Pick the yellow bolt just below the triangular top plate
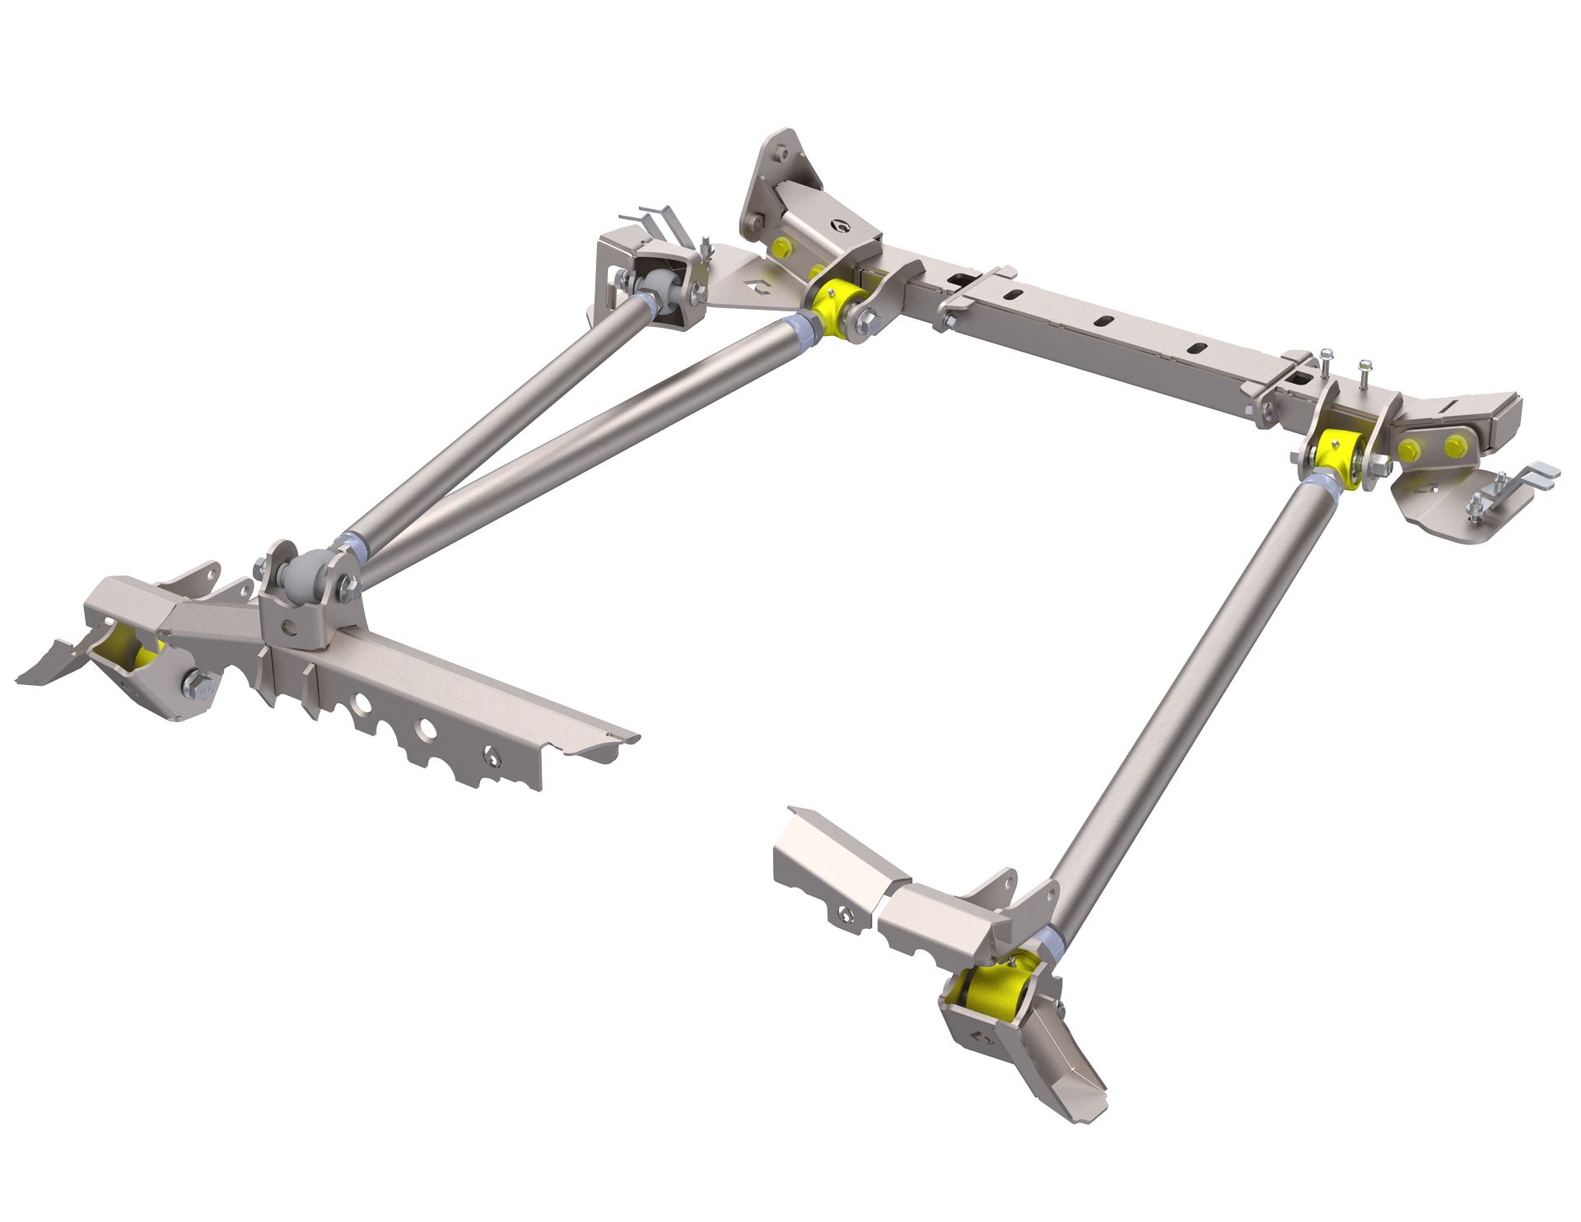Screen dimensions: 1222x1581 [x=780, y=245]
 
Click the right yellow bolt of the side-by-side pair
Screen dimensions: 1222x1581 [x=1454, y=445]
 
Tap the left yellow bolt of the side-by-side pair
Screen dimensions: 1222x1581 [x=1409, y=448]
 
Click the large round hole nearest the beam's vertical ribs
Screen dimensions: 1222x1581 [x=360, y=702]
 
